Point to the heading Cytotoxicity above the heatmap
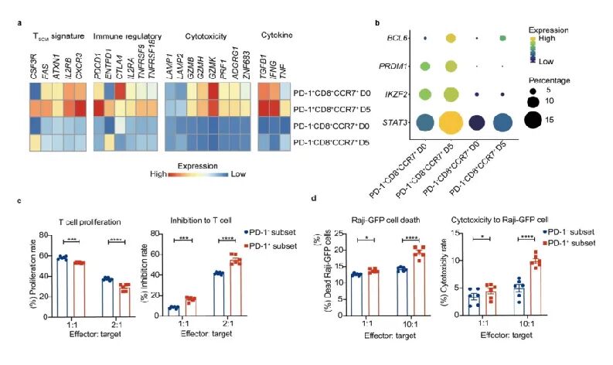(206, 37)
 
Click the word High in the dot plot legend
(570, 36)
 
